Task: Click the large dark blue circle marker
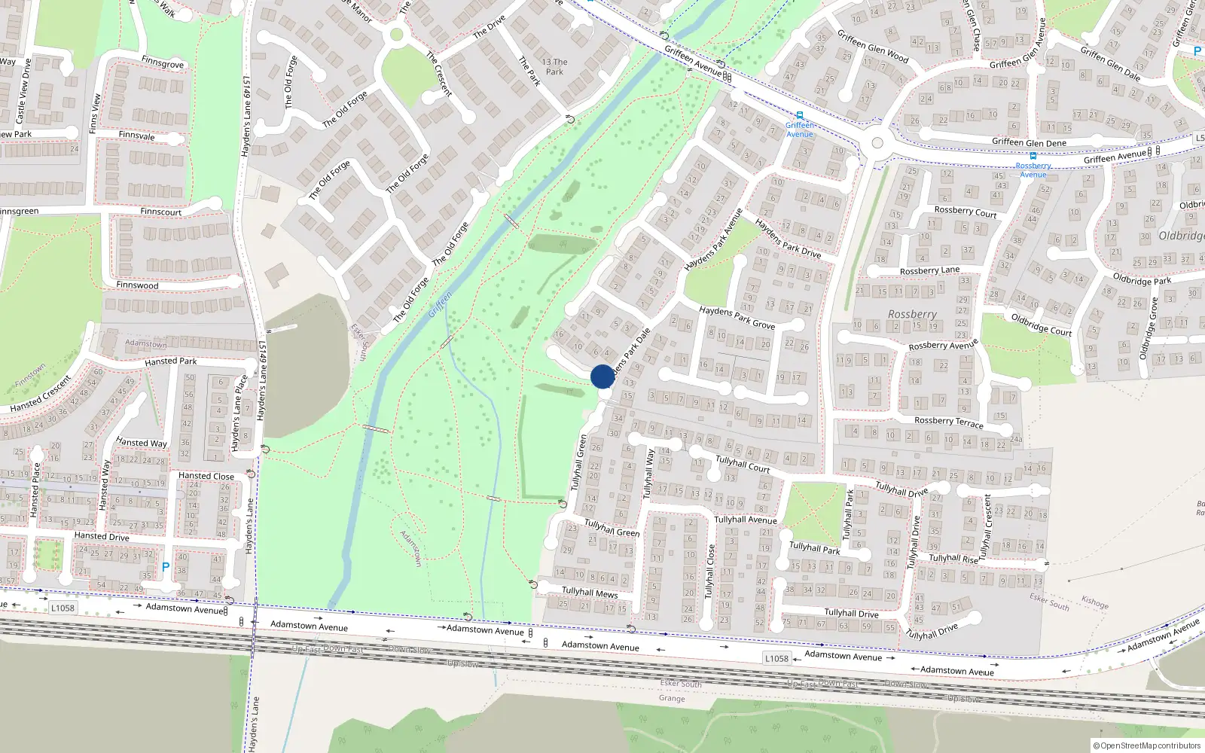[602, 376]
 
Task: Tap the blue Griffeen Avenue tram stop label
[800, 130]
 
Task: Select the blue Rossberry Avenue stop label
[1033, 169]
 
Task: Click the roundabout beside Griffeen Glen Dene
[877, 143]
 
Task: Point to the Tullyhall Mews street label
[590, 593]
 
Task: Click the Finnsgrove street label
[163, 63]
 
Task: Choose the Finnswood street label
[137, 285]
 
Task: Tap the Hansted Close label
[206, 476]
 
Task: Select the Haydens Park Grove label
[737, 317]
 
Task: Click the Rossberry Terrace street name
[949, 422]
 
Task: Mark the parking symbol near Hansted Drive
[166, 567]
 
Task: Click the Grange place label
[672, 698]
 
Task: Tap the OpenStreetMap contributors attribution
[1147, 745]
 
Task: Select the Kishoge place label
[1094, 602]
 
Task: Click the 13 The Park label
[555, 67]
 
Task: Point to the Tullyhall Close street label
[709, 572]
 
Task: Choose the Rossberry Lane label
[929, 270]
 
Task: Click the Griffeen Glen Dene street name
[1029, 142]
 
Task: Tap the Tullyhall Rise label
[953, 558]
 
